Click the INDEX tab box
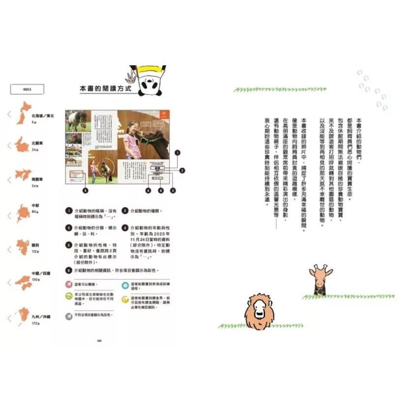point(28,89)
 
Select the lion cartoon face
point(259,312)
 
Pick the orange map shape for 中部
point(23,213)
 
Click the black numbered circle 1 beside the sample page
point(177,153)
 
